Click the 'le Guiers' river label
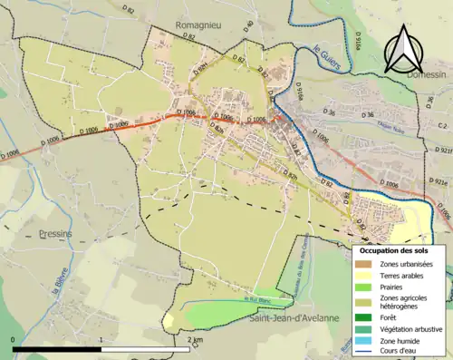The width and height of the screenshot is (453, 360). [323, 56]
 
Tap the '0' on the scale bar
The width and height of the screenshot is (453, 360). [14, 339]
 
